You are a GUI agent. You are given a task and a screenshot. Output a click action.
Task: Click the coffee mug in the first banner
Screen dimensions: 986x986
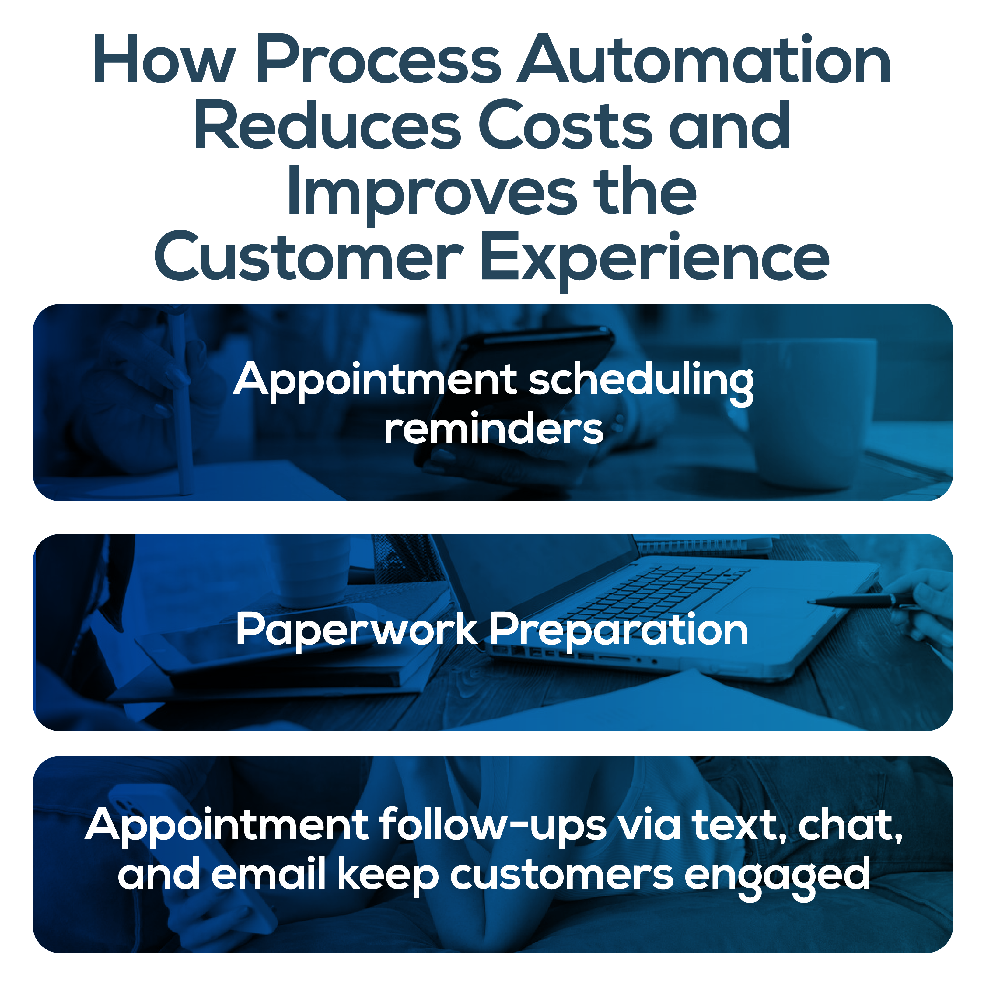click(x=811, y=413)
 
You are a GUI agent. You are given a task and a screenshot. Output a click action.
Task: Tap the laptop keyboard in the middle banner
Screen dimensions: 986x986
click(x=658, y=592)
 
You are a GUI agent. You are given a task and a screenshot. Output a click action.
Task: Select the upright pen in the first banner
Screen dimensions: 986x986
click(x=181, y=408)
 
